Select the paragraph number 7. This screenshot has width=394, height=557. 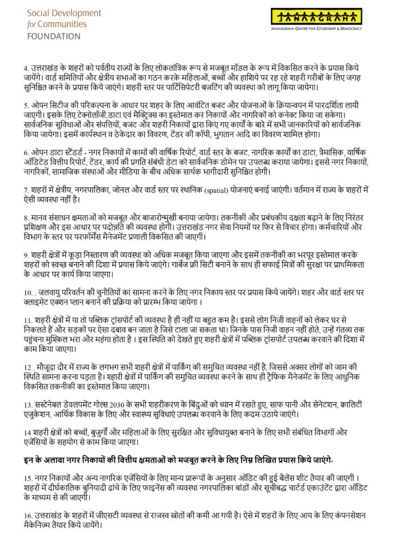click(26, 190)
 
